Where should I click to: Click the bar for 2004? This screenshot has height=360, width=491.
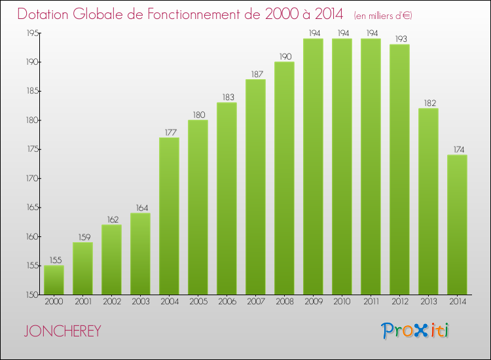click(x=169, y=216)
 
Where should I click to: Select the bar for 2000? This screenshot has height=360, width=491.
click(x=54, y=280)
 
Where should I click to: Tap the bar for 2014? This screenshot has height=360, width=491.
click(x=457, y=225)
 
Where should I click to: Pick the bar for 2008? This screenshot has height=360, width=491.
click(x=284, y=178)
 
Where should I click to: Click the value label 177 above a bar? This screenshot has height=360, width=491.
click(x=169, y=132)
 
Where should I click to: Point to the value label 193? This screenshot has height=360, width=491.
click(x=399, y=39)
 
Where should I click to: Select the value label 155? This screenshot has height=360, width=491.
click(x=54, y=260)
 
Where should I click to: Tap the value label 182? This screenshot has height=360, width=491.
click(x=428, y=103)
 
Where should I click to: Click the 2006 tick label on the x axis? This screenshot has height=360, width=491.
click(x=227, y=302)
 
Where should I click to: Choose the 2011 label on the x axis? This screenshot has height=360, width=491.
click(x=371, y=302)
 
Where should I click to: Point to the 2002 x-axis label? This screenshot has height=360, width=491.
click(x=111, y=302)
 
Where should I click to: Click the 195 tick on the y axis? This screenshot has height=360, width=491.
click(x=30, y=33)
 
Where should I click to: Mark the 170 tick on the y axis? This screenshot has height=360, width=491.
click(x=30, y=179)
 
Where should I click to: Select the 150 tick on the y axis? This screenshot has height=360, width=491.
click(x=30, y=295)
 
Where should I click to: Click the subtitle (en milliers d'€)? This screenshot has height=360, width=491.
click(x=384, y=15)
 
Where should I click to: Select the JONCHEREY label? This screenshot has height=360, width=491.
click(x=63, y=331)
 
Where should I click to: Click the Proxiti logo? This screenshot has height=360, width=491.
click(x=415, y=331)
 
